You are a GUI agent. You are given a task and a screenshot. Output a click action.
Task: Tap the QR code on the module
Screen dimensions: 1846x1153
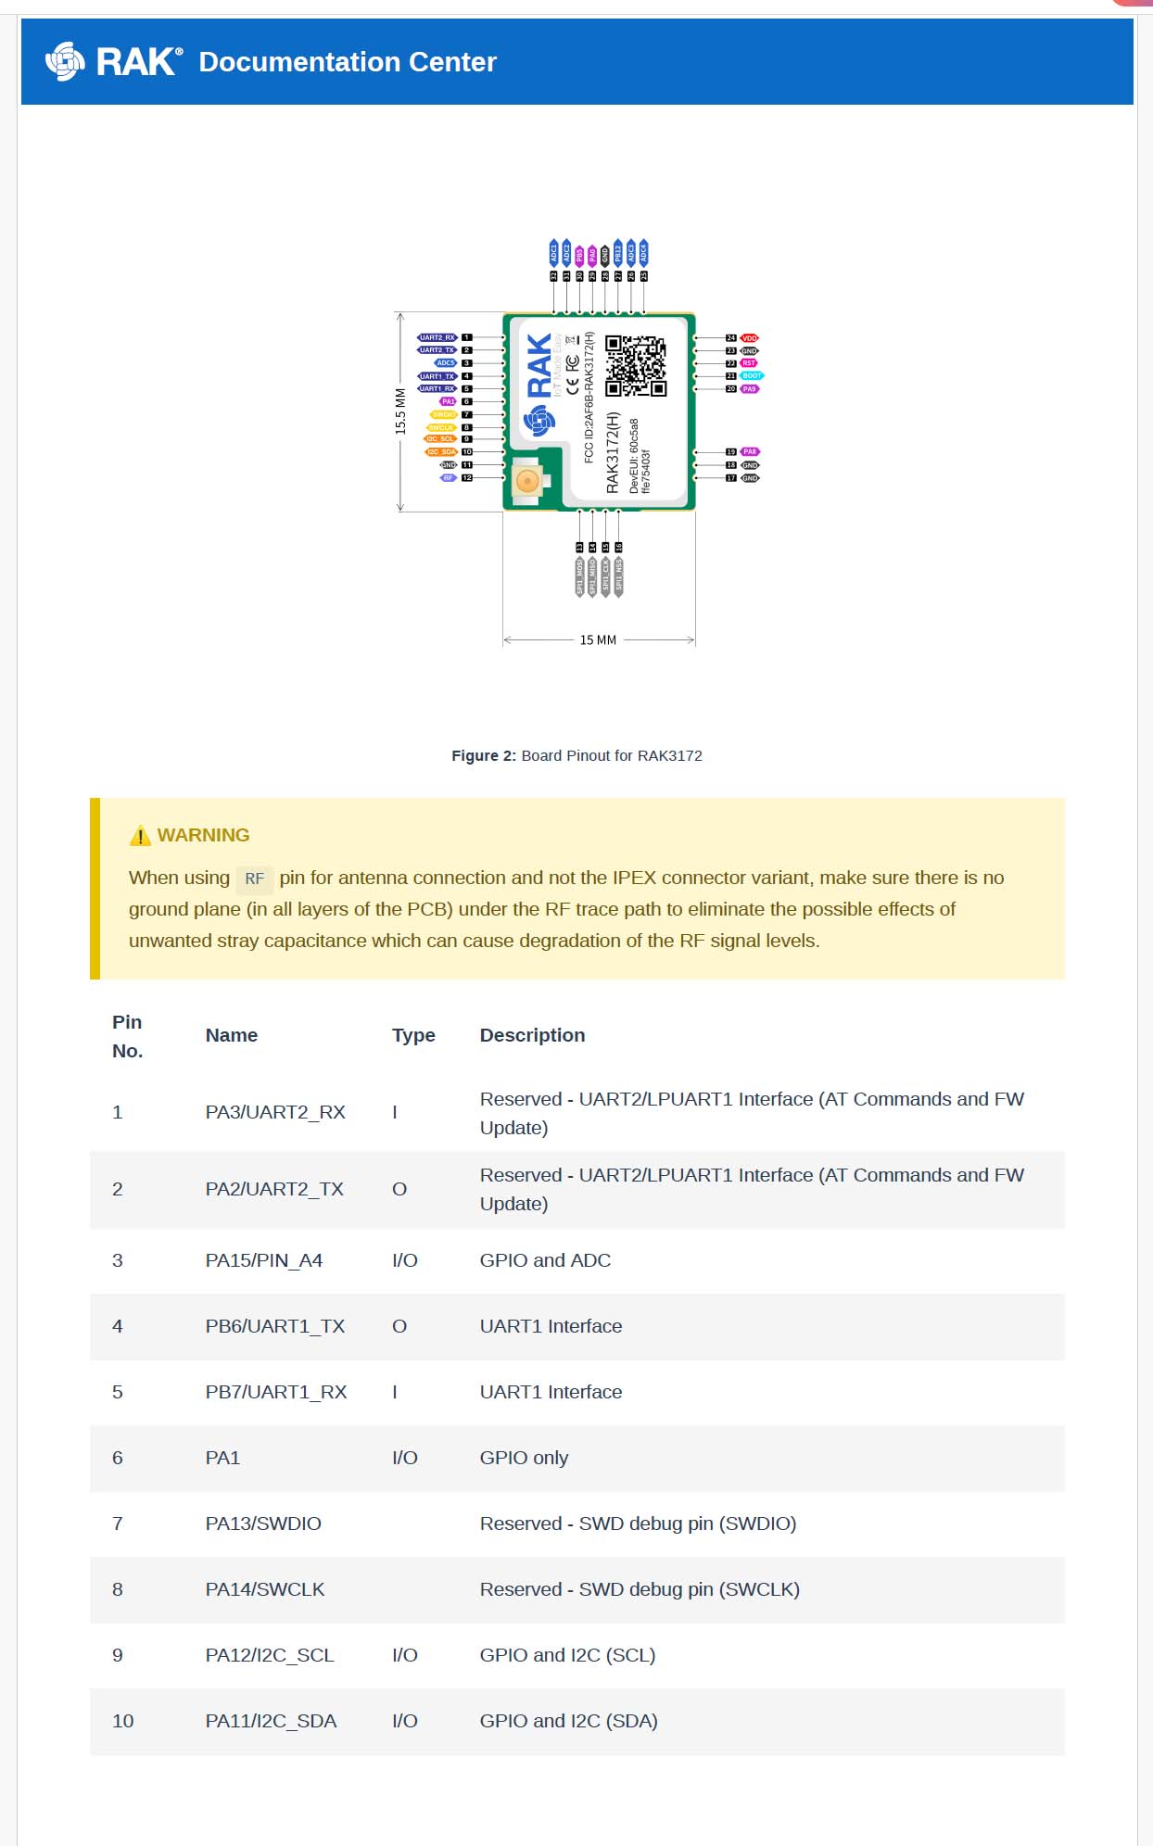tap(635, 366)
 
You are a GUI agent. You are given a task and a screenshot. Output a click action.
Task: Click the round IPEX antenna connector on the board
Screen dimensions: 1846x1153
tap(526, 480)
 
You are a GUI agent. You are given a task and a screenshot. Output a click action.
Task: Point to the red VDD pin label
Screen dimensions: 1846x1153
tap(749, 338)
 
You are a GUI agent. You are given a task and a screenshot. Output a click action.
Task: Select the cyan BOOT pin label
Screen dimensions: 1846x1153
tap(751, 376)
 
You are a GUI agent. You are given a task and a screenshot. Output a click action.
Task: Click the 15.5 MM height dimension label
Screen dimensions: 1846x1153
tap(400, 411)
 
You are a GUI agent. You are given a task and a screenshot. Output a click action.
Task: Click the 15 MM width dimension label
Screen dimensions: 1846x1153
tap(598, 640)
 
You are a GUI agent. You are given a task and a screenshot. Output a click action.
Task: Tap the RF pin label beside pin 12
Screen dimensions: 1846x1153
tap(449, 478)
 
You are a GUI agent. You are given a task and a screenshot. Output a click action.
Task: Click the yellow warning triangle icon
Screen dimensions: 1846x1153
tap(140, 836)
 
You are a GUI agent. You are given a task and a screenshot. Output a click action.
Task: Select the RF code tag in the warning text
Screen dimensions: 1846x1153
tap(254, 879)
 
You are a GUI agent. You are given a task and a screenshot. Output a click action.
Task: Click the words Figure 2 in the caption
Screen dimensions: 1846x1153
tap(483, 756)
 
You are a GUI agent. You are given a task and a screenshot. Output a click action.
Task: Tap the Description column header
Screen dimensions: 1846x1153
tap(532, 1035)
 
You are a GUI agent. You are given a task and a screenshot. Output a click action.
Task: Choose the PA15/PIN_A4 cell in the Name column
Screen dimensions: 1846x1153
tap(264, 1260)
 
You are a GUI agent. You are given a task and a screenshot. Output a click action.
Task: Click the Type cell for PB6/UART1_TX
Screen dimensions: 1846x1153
tap(399, 1326)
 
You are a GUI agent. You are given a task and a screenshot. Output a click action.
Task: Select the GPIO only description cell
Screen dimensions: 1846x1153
tap(524, 1458)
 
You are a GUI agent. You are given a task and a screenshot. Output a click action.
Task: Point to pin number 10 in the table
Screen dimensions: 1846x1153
tap(123, 1721)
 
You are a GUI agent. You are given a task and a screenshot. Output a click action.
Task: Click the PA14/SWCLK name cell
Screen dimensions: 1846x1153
tap(265, 1589)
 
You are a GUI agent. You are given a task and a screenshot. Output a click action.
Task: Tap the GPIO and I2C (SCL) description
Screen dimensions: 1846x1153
tap(567, 1655)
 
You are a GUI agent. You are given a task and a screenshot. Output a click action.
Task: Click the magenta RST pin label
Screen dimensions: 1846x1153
tap(749, 363)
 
